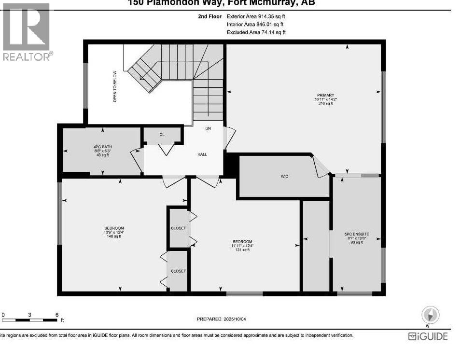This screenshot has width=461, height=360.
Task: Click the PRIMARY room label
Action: (326, 95)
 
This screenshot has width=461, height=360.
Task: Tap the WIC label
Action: (284, 177)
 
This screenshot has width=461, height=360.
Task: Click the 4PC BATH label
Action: (102, 146)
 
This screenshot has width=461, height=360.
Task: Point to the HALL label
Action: (202, 154)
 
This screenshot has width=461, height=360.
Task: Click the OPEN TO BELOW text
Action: (115, 86)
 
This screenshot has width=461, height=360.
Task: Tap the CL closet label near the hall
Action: (162, 135)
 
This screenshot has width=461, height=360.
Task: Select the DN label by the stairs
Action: (208, 128)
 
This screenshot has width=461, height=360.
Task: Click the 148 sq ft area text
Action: (114, 236)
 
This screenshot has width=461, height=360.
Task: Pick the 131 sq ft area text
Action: (242, 249)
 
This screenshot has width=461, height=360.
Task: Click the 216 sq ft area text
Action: (326, 104)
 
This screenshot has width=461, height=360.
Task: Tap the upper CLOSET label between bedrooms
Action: (178, 228)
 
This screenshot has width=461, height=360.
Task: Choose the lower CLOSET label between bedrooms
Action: (178, 271)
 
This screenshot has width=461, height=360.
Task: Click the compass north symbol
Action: (430, 315)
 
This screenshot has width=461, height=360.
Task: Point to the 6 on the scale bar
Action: (57, 314)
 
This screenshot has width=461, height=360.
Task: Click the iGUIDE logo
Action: (428, 336)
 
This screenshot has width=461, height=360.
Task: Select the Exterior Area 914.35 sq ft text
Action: (256, 16)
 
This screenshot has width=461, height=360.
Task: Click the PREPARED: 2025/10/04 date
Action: (224, 319)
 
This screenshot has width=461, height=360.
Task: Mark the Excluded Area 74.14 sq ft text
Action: (256, 32)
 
